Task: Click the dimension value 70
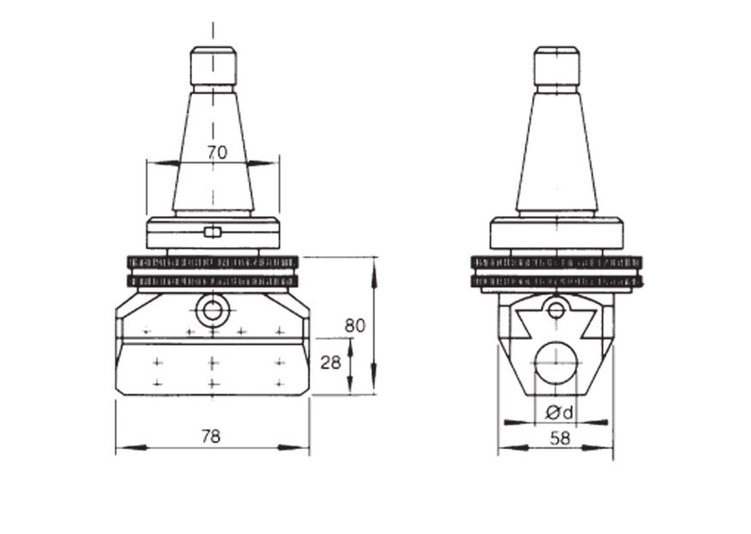217,152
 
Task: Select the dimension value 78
211,436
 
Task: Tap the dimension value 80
354,326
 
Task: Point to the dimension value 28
331,362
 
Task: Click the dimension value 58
561,438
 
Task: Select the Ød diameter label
560,412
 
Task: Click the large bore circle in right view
557,363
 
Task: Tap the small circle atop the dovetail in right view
557,308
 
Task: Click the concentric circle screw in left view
213,309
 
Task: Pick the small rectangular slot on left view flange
213,232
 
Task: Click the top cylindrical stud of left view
214,66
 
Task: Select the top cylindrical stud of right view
557,66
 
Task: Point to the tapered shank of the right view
557,156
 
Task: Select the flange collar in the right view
557,234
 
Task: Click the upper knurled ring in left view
213,261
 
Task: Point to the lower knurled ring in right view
557,281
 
